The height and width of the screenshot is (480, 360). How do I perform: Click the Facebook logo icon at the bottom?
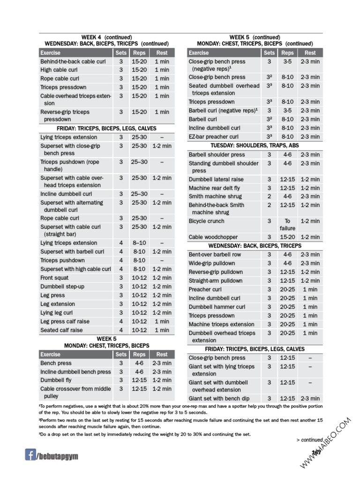tap(30, 454)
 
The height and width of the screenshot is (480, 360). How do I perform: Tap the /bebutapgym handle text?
tap(58, 456)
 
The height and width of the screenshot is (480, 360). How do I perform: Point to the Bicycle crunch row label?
tap(206, 221)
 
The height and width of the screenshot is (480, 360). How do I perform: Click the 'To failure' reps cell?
tap(287, 225)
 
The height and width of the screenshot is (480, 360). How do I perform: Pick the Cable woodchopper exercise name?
tap(213, 237)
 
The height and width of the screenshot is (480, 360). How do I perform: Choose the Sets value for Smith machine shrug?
tap(269, 196)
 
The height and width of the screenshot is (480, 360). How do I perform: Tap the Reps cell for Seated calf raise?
tap(139, 330)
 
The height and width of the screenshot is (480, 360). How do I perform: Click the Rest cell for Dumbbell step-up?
tap(162, 286)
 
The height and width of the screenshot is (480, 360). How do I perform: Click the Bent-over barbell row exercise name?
tap(215, 255)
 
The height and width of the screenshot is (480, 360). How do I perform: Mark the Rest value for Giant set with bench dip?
tap(310, 398)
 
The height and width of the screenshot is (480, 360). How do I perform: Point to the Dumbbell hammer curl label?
tap(217, 307)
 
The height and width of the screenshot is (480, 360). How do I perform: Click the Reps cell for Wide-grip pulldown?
tap(287, 263)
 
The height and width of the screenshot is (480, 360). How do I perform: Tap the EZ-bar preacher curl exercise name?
tap(213, 137)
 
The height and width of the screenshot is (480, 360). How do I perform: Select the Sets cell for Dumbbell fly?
tap(121, 380)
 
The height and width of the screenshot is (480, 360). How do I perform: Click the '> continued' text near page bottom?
tap(309, 440)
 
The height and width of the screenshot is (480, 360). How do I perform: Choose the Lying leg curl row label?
tap(56, 313)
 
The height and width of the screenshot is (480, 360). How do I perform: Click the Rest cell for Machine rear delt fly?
tap(310, 188)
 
